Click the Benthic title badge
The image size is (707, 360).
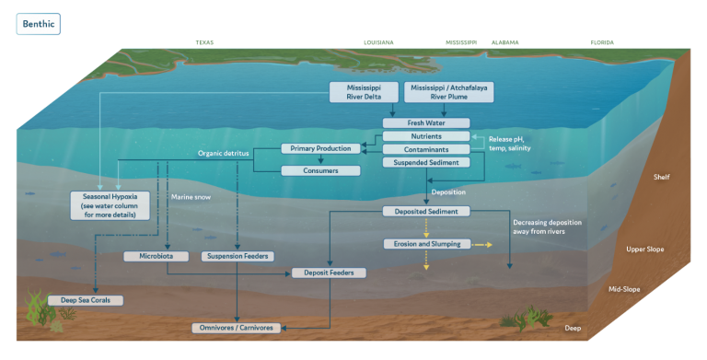(38, 23)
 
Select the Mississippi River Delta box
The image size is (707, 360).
(364, 92)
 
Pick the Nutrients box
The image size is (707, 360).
(426, 135)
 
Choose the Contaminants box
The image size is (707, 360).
(426, 148)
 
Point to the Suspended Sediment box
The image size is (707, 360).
(426, 162)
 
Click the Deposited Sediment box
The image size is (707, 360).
(426, 212)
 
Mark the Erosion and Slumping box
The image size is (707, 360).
(426, 244)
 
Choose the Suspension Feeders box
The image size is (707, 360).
(237, 255)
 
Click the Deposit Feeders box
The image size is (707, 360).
(330, 273)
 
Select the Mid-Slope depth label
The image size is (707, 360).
(625, 289)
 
